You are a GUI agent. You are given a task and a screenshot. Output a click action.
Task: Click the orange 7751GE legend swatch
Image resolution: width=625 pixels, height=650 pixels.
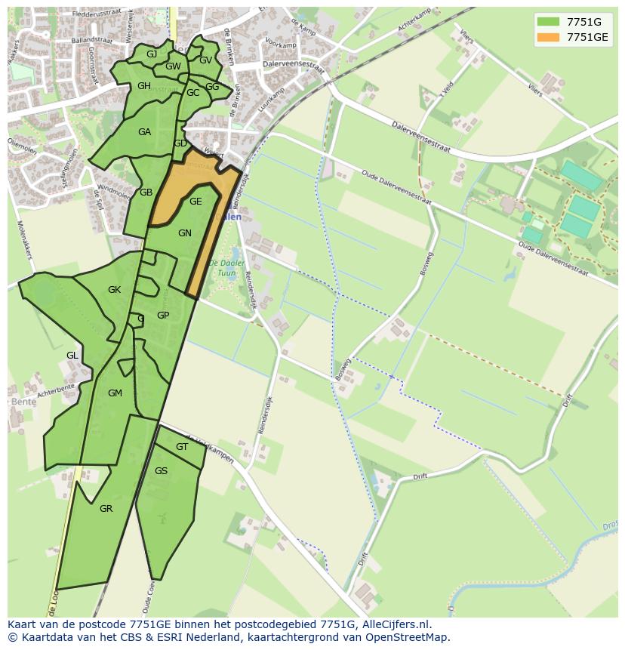click(x=548, y=36)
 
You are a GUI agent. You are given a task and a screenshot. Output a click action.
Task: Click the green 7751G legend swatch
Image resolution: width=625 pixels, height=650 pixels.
click(x=548, y=21)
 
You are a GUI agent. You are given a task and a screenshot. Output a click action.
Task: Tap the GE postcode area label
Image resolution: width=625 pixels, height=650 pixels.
click(x=196, y=202)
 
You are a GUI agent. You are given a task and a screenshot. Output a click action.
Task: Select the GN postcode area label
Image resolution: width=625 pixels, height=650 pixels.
click(x=185, y=233)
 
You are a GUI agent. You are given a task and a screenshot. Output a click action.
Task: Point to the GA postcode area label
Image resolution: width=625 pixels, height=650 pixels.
click(x=144, y=132)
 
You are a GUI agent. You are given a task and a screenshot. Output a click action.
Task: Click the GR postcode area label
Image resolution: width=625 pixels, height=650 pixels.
click(x=106, y=509)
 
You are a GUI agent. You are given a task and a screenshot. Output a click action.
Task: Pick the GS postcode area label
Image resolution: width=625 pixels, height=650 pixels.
click(x=161, y=471)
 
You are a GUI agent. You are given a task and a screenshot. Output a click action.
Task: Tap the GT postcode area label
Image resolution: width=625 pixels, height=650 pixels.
click(x=182, y=447)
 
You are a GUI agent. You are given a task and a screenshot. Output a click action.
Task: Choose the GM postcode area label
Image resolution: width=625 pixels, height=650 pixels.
click(x=115, y=393)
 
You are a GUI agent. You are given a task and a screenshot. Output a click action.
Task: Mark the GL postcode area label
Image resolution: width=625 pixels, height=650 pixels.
click(x=72, y=355)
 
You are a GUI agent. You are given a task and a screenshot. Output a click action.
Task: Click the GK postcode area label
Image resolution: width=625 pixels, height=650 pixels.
click(x=114, y=290)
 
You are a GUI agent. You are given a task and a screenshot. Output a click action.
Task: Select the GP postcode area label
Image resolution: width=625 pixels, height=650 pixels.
click(x=163, y=316)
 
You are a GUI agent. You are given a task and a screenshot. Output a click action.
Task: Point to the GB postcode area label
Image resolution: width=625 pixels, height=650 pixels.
click(x=146, y=193)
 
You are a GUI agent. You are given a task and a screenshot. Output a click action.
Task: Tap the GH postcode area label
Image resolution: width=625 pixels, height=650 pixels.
click(x=144, y=86)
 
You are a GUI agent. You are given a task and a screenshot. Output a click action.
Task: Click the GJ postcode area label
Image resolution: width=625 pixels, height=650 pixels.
click(x=152, y=54)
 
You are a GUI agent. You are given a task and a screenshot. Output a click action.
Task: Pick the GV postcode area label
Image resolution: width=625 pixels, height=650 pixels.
click(x=205, y=60)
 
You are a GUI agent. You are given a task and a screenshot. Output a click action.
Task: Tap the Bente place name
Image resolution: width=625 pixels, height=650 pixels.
click(x=22, y=401)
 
